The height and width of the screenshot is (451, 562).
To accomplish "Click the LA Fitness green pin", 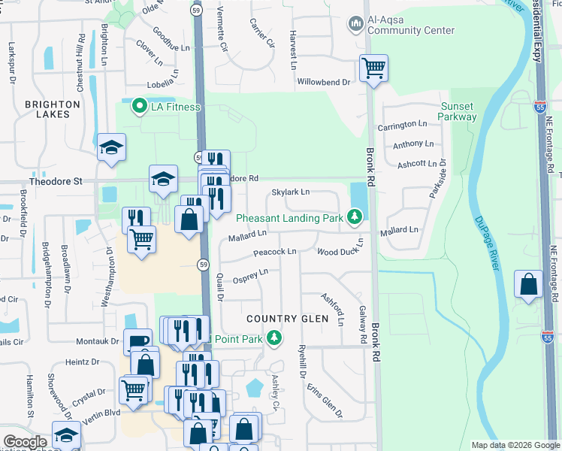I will point(138,107).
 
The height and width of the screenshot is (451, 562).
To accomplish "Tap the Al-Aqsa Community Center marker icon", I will point(355,25).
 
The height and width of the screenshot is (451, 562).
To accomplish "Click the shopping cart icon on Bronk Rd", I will point(373,69).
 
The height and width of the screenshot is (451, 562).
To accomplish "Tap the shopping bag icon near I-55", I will point(529,285).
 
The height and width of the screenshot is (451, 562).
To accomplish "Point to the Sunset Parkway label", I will point(458,111).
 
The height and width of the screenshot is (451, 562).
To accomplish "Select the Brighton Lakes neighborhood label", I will point(53,109).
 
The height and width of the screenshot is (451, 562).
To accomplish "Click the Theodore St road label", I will point(55,181).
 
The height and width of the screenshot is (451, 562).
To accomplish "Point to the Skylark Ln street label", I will point(291,192).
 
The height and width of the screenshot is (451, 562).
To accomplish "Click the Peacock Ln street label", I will point(274,251).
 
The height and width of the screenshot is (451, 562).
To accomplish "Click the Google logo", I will point(26,442).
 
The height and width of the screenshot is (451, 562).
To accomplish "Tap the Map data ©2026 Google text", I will point(515,445).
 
